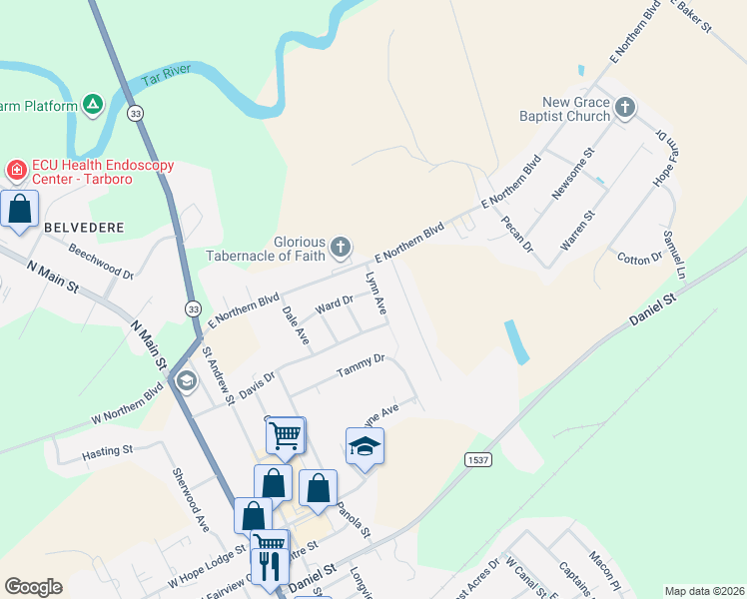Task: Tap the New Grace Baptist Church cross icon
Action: [625, 107]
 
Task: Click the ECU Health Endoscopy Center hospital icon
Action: [16, 171]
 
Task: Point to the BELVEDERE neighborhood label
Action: [84, 228]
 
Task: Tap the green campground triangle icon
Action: [93, 103]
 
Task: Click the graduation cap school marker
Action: [365, 447]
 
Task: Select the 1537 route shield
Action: [476, 457]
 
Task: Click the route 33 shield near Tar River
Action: [136, 114]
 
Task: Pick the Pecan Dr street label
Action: [518, 232]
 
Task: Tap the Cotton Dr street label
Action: [640, 258]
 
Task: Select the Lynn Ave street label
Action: [376, 295]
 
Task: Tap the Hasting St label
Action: [106, 451]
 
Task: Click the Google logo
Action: [33, 587]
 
